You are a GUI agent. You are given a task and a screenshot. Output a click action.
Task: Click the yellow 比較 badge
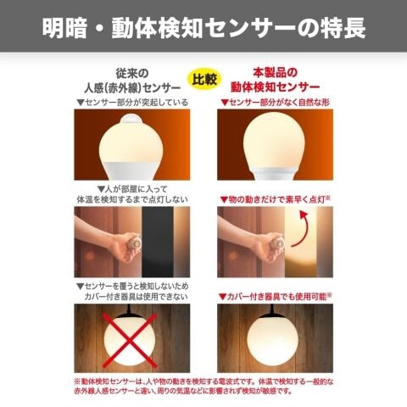(x=204, y=79)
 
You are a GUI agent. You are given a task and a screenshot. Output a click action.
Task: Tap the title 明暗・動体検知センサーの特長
(x=204, y=28)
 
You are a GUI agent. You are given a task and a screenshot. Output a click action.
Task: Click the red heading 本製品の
(x=275, y=73)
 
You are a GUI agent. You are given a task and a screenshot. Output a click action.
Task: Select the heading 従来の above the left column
(x=132, y=74)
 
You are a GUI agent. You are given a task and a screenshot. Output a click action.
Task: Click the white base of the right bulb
(x=274, y=173)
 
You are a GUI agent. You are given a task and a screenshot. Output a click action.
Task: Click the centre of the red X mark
(x=130, y=340)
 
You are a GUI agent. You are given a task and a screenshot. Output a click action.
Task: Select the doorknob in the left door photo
(x=134, y=243)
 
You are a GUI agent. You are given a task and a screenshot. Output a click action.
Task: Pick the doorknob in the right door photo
(x=277, y=243)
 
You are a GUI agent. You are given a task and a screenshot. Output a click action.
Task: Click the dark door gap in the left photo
(x=158, y=242)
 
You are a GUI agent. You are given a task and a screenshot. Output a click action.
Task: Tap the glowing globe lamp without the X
(x=272, y=338)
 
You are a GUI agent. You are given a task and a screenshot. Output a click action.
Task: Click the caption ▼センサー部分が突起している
(x=132, y=103)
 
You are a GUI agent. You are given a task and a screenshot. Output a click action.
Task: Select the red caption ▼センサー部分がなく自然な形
(x=276, y=103)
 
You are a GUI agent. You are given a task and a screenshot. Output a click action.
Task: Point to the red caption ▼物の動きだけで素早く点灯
(x=275, y=199)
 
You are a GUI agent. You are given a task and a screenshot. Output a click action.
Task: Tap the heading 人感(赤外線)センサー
(x=132, y=88)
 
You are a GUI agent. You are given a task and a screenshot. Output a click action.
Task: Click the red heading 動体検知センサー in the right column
(x=275, y=86)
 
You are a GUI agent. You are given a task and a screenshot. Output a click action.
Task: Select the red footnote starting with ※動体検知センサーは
(x=203, y=387)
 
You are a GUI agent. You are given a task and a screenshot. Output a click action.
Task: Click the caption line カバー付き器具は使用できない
(x=136, y=297)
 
